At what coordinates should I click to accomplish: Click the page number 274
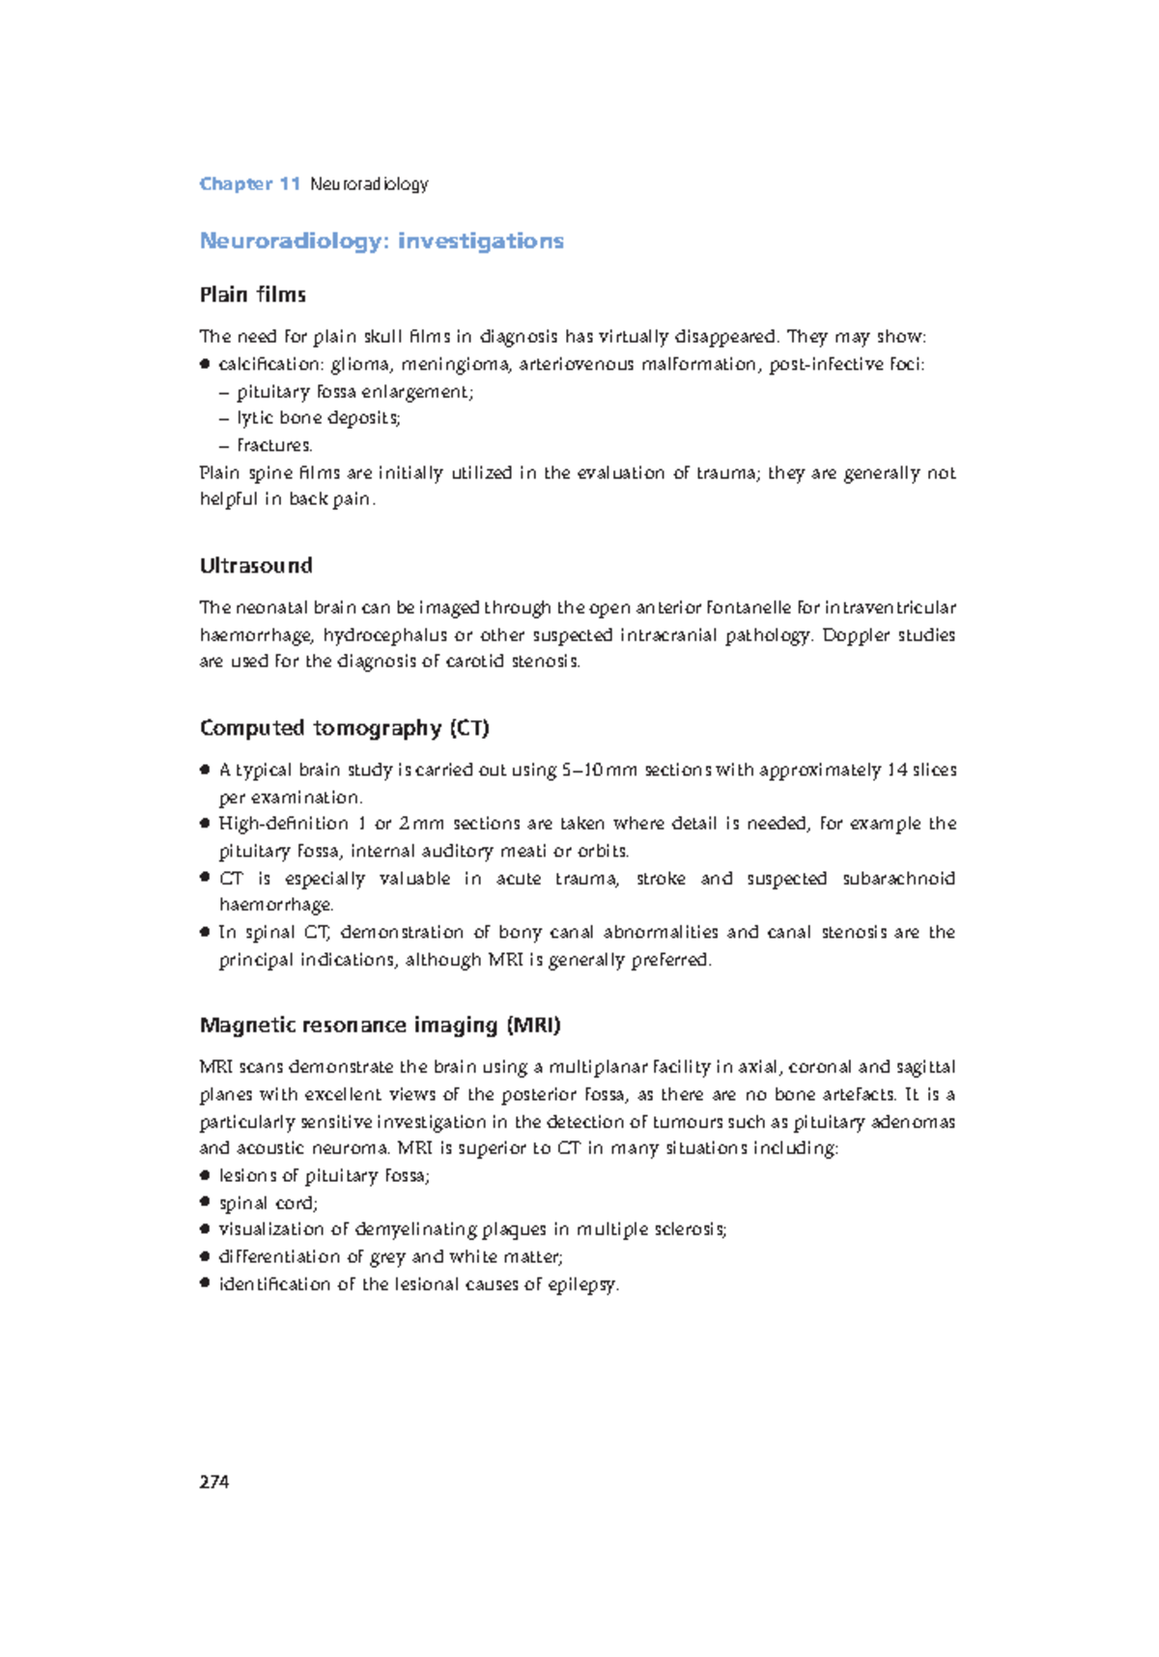213,1482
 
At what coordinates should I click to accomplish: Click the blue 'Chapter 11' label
250,183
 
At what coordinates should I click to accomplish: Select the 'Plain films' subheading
252,295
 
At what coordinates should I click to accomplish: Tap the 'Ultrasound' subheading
256,566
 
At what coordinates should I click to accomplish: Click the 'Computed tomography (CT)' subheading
344,728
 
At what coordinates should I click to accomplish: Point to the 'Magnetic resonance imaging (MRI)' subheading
380,1025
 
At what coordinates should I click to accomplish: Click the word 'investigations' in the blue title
480,240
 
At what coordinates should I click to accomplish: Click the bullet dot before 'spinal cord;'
205,1202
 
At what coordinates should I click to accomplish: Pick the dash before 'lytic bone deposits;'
224,419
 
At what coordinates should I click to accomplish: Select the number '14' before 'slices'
897,770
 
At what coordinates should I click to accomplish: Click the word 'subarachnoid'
898,879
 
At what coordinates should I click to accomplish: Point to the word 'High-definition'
283,824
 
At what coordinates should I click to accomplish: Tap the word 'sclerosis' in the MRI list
689,1229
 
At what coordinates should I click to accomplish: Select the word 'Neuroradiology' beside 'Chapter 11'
369,183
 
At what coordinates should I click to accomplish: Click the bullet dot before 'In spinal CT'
205,933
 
